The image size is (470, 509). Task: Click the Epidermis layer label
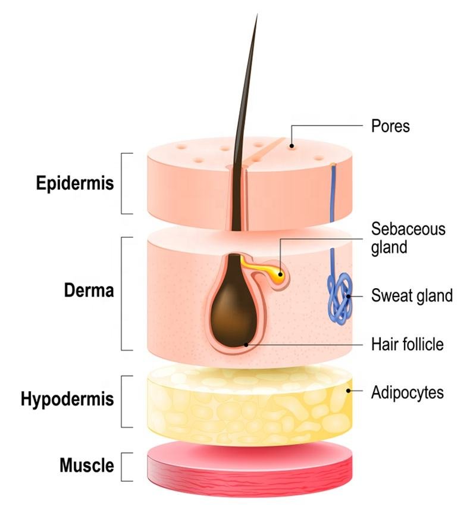pos(75,183)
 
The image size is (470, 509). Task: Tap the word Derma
pos(89,292)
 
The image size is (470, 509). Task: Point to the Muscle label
pos(87,465)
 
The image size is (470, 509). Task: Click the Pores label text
pos(390,126)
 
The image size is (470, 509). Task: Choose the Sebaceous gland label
pos(408,238)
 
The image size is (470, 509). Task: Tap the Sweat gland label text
pos(412,295)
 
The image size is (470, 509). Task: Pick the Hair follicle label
pos(408,344)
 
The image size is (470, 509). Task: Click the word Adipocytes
pos(408,392)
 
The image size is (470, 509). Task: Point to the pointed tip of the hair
pos(256,16)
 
